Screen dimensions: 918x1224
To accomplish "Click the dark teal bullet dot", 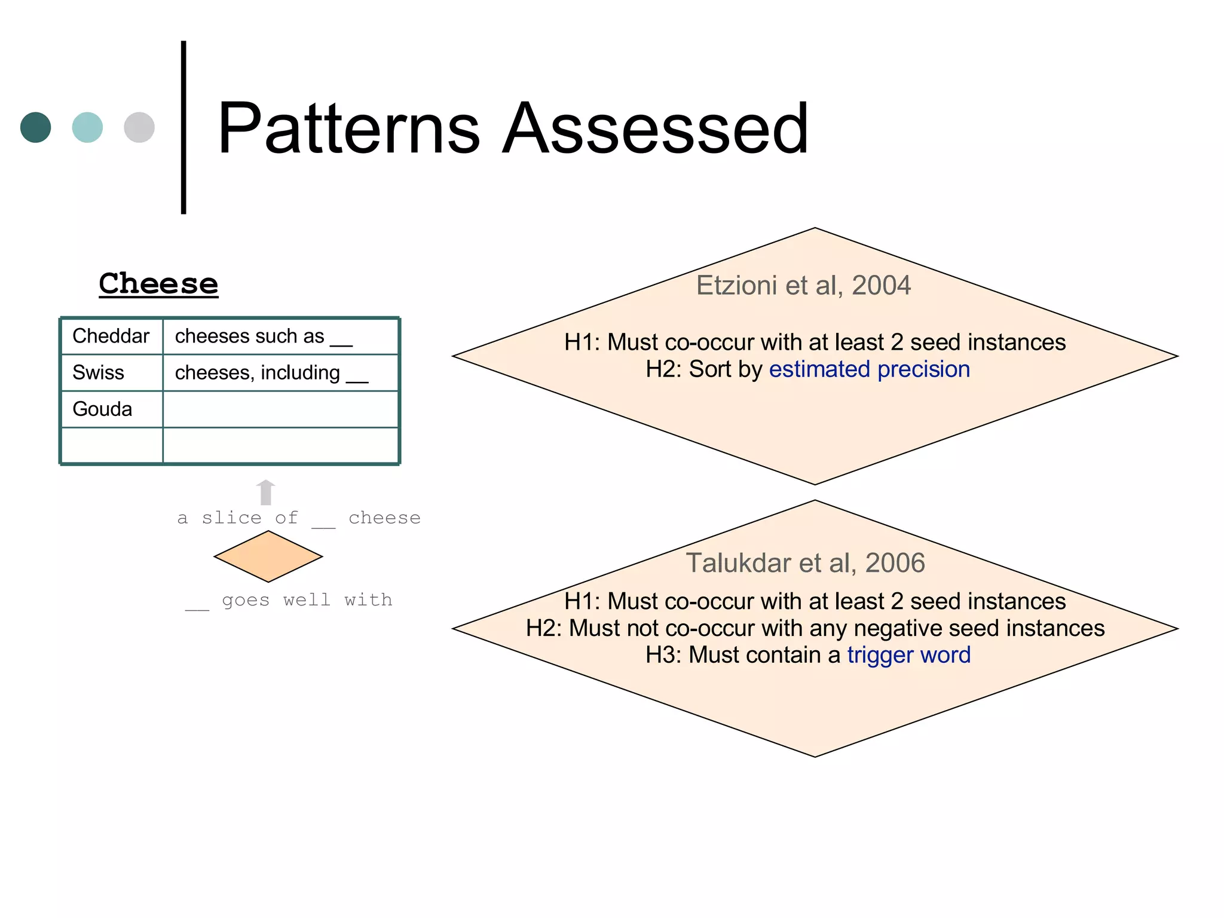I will (35, 127).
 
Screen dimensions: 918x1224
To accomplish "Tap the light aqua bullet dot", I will (87, 127).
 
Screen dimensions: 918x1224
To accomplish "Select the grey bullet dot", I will (139, 127).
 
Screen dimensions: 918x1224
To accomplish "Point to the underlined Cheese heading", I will (158, 283).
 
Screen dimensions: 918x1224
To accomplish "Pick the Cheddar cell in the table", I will (111, 336).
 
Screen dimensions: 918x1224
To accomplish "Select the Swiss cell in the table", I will (99, 373).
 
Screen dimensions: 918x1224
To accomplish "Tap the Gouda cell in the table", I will (102, 409).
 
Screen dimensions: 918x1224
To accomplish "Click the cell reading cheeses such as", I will (263, 336).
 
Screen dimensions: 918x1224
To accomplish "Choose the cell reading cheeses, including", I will (271, 373).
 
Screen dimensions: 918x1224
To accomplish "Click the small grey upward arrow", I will (266, 492).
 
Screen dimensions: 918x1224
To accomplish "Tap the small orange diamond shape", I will (268, 556).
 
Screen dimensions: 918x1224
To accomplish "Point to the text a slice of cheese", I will (299, 518).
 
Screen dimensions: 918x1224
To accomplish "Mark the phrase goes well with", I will (306, 600).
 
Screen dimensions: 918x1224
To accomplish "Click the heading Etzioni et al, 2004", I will (803, 286).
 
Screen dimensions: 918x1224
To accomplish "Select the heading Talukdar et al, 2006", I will (805, 563).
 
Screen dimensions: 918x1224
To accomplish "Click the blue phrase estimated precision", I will (869, 369).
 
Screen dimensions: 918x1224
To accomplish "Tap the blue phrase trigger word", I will (908, 655).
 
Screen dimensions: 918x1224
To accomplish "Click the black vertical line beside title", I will (183, 127).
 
